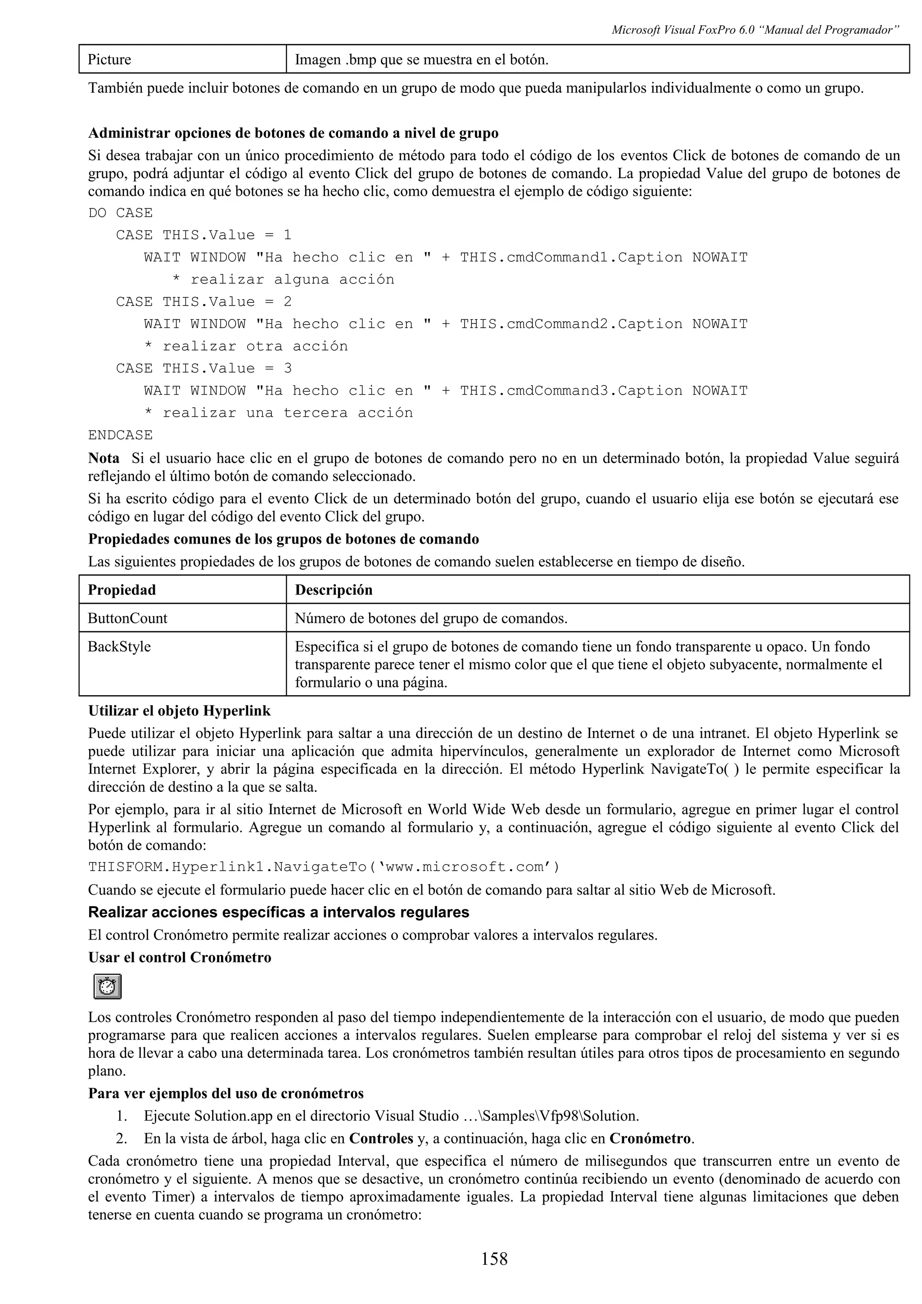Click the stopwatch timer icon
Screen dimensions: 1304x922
coord(107,986)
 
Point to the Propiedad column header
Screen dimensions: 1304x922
coord(122,589)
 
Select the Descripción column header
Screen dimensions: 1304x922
coord(334,589)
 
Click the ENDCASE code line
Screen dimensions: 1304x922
coord(121,435)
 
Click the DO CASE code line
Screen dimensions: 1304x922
coord(121,213)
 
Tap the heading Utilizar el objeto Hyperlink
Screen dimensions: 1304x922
coord(180,711)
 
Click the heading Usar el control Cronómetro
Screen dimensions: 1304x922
coord(180,958)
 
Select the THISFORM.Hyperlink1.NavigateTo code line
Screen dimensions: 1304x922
coord(324,867)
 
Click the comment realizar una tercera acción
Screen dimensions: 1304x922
coord(287,413)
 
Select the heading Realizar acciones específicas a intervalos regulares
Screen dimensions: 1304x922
coord(278,913)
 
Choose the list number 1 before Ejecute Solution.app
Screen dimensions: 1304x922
coord(121,1115)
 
